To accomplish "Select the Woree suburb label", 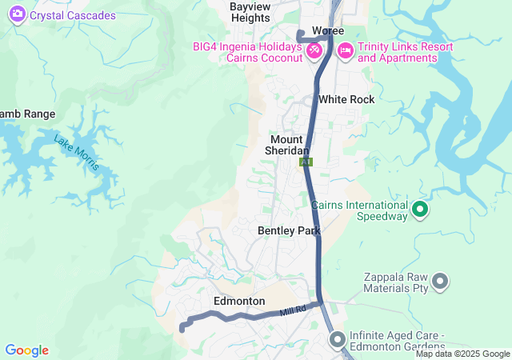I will pos(327,30).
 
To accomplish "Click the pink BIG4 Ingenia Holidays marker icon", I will pos(314,50).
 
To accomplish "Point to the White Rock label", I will pos(346,99).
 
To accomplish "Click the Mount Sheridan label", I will pos(287,145).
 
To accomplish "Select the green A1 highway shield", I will pos(306,162).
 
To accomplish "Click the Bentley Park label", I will pos(289,230).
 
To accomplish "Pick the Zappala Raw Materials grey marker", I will pos(440,281).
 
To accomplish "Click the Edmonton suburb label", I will pos(239,301).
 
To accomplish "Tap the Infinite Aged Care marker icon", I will pos(336,340).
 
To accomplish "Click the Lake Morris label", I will pos(77,151).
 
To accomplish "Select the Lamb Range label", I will pos(27,114).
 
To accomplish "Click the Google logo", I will pos(26,350).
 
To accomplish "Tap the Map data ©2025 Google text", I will pos(462,354).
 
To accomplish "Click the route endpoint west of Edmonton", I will pos(182,328).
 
